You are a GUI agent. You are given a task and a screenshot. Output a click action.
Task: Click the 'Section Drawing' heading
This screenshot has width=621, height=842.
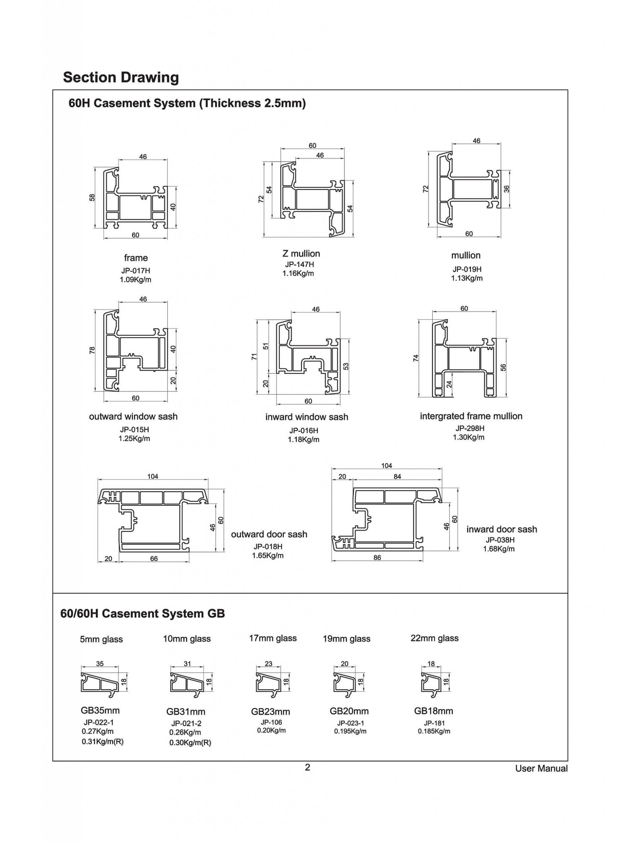[x=121, y=77]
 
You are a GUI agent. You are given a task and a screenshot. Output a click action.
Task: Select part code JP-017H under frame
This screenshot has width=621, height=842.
[x=135, y=270]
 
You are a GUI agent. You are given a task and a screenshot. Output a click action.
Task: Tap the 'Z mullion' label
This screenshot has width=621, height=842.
[x=301, y=254]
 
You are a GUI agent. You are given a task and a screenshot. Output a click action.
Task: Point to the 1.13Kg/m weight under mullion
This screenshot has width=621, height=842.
[x=467, y=278]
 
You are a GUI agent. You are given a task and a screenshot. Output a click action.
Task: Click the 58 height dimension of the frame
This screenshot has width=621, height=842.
[x=92, y=197]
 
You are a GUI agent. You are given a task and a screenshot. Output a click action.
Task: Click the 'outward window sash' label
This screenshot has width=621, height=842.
[x=133, y=416]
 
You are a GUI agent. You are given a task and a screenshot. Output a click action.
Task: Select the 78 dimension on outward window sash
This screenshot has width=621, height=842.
[x=92, y=350]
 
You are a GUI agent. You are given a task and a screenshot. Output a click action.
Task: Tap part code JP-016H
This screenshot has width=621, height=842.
[x=303, y=431]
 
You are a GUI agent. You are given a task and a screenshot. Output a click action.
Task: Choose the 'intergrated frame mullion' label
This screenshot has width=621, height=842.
[x=471, y=416]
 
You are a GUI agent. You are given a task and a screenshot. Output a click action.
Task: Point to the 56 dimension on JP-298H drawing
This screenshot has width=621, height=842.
[x=503, y=367]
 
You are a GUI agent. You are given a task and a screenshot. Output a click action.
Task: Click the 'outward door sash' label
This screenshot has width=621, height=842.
[x=269, y=534]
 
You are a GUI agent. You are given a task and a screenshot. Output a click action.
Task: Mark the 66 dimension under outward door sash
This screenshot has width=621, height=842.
[x=154, y=559]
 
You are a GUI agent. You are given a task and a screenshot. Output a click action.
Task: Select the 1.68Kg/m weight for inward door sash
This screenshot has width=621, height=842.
[x=499, y=549]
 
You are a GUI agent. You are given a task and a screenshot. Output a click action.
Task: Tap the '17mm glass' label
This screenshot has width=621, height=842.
[x=272, y=638]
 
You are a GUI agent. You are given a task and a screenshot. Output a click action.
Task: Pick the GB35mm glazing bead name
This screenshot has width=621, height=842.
[x=100, y=710]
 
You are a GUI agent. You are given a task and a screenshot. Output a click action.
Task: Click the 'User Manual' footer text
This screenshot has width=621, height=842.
[x=541, y=769]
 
